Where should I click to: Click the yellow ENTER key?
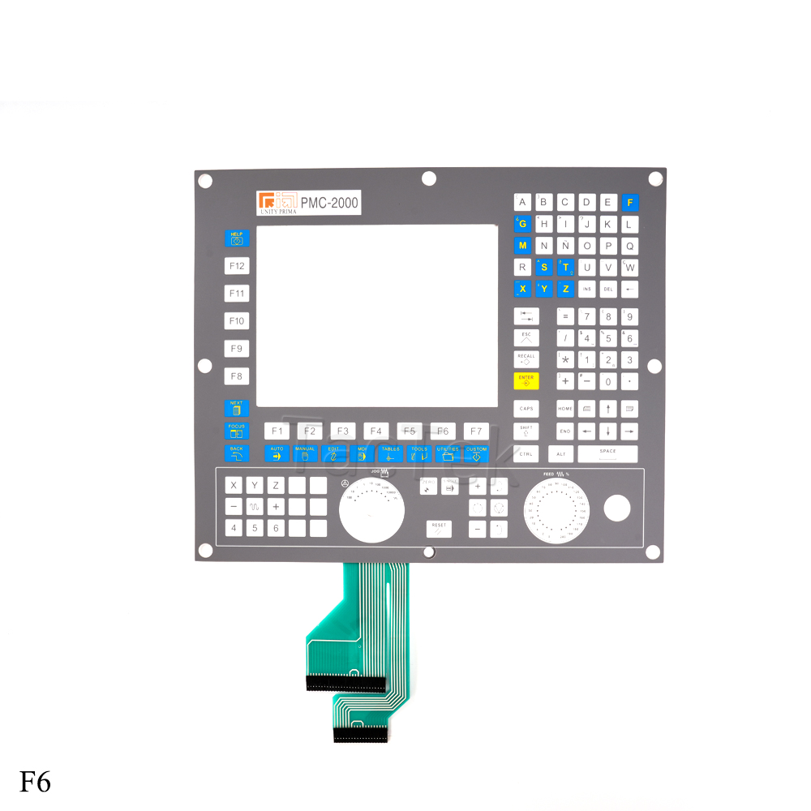click(x=526, y=380)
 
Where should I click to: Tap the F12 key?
click(x=237, y=266)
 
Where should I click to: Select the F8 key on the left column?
click(x=237, y=376)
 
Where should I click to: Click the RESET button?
click(x=439, y=528)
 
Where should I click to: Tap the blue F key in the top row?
click(x=630, y=202)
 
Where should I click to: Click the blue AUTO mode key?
click(x=277, y=453)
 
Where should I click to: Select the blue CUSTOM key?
click(x=477, y=453)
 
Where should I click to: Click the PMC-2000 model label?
click(x=329, y=203)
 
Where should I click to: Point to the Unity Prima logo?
click(x=277, y=202)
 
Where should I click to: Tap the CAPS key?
click(x=526, y=410)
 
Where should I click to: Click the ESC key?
click(x=526, y=337)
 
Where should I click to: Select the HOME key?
click(x=565, y=410)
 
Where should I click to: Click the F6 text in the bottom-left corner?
click(x=36, y=782)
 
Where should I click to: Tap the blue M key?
click(x=522, y=246)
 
